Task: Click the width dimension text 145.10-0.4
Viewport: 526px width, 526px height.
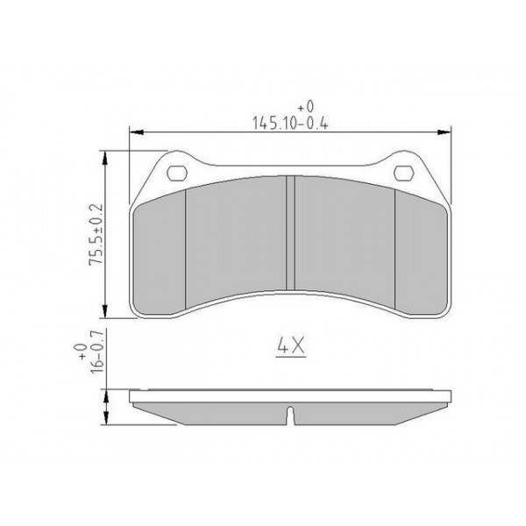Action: [288, 122]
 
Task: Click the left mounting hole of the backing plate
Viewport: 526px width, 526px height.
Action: [176, 173]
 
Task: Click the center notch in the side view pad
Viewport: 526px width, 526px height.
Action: [290, 413]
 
